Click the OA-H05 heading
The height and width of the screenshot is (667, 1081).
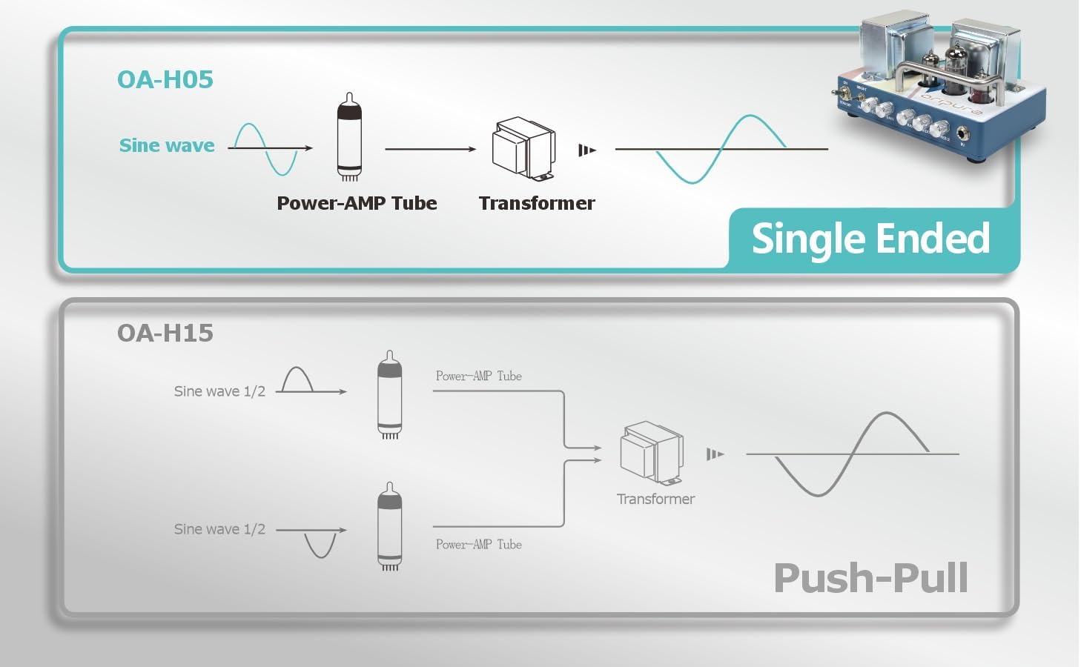tap(165, 79)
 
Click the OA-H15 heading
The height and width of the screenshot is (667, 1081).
tap(165, 333)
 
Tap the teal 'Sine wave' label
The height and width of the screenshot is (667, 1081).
tap(167, 145)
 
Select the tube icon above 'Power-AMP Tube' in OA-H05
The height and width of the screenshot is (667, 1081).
tap(349, 137)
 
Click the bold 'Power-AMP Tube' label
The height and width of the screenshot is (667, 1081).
tap(357, 203)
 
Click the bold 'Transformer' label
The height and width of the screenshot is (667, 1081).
tap(537, 203)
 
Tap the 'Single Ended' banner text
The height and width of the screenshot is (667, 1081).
tap(870, 239)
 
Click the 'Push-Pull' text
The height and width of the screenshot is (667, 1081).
tap(870, 578)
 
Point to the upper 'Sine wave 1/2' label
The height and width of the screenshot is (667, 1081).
tap(219, 391)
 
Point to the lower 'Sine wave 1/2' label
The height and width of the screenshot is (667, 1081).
tap(219, 529)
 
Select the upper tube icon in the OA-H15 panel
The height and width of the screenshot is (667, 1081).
tap(390, 395)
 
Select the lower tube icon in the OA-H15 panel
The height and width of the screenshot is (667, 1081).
tap(390, 527)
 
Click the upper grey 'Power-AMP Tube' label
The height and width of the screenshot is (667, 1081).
tap(478, 376)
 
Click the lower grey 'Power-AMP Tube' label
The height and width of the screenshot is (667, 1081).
tap(478, 545)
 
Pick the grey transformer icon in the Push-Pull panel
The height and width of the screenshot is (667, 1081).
tap(651, 451)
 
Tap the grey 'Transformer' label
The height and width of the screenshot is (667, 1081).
tap(655, 500)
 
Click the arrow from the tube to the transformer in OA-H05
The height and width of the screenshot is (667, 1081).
tap(430, 149)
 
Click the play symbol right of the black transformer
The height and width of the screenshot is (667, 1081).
tap(586, 150)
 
